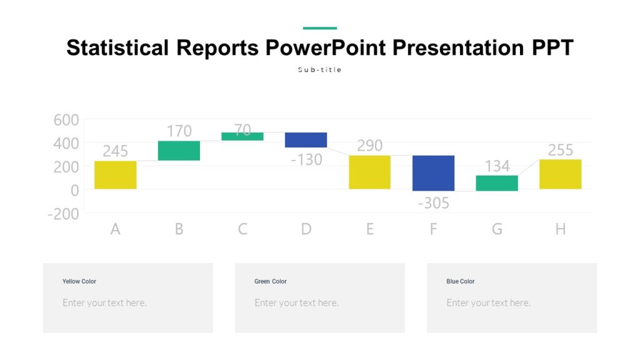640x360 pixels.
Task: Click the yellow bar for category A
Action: click(x=116, y=175)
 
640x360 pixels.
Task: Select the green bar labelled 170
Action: click(x=179, y=151)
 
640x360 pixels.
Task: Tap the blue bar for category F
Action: click(x=433, y=173)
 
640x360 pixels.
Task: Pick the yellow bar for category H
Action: click(x=560, y=174)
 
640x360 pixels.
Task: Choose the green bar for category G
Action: click(x=497, y=183)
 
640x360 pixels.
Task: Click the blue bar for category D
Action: click(x=306, y=140)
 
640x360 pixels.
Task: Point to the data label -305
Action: click(x=433, y=203)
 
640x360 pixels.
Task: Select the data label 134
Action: click(x=497, y=166)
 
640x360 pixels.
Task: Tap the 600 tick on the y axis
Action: click(x=66, y=120)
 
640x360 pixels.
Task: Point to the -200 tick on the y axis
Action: click(x=63, y=214)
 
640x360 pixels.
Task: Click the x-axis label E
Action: click(x=369, y=229)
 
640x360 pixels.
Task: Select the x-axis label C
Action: click(x=242, y=229)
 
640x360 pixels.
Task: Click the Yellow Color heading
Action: click(x=79, y=281)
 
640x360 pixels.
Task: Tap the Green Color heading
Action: click(x=271, y=281)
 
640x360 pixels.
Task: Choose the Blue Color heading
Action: click(x=461, y=281)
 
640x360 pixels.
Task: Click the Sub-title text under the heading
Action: click(x=320, y=70)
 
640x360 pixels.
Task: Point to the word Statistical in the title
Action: click(x=117, y=48)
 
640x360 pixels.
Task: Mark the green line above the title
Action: click(x=320, y=28)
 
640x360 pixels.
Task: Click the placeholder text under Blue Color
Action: click(x=488, y=303)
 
